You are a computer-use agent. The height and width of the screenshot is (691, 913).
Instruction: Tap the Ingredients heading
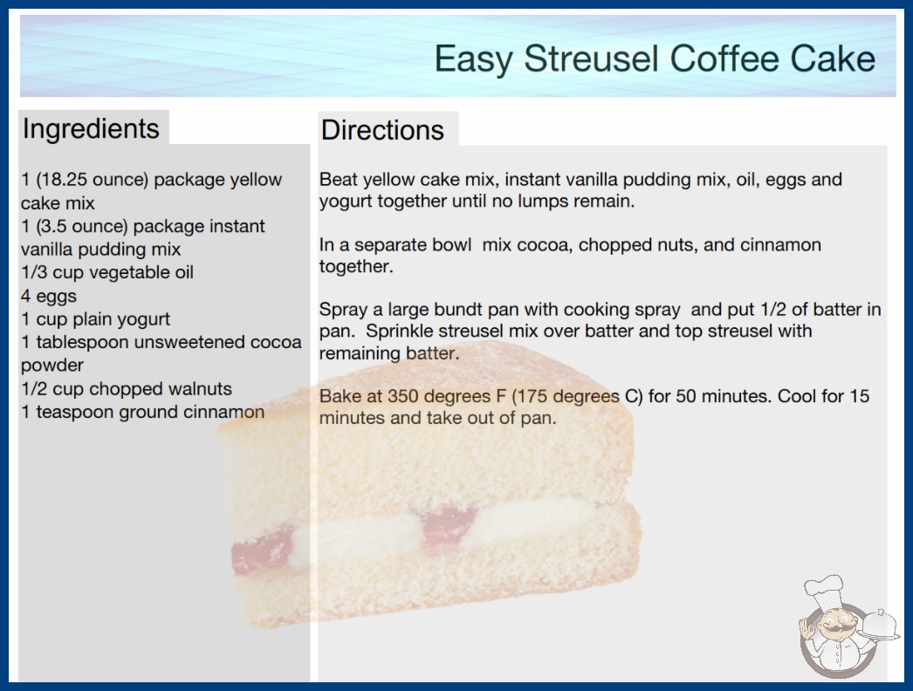tap(91, 129)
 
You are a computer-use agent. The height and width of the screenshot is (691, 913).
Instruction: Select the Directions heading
tap(382, 130)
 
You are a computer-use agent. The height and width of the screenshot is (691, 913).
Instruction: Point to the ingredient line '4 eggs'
tap(49, 296)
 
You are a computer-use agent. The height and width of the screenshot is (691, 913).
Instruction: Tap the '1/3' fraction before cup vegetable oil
tap(34, 272)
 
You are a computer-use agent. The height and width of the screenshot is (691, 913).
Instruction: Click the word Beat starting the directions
tap(338, 179)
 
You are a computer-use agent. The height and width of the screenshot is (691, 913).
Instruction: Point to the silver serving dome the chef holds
tap(880, 624)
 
